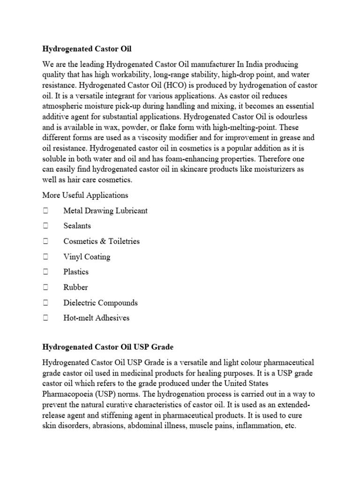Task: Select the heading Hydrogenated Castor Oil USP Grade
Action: coord(108,347)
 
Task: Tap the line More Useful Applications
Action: coord(85,195)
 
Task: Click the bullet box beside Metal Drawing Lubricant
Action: coord(45,210)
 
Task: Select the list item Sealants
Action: coord(77,226)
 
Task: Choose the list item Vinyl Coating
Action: coord(87,257)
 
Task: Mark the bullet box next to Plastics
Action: coord(45,272)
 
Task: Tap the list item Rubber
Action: coord(75,287)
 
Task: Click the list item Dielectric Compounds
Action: coord(100,303)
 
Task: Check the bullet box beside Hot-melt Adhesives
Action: coord(45,318)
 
